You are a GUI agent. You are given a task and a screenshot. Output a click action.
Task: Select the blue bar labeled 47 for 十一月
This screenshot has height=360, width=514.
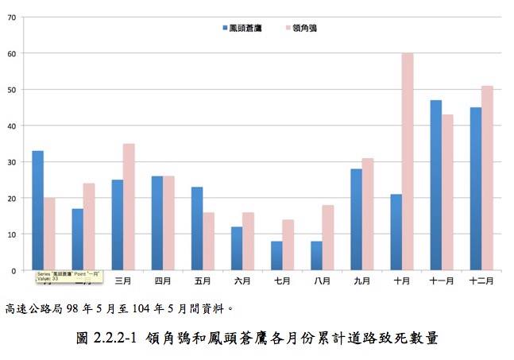coord(435,188)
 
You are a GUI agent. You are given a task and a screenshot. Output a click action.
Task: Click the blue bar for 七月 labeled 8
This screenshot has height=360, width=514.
coord(276,256)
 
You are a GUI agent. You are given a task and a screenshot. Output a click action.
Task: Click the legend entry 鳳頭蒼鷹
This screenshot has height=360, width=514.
coord(243,28)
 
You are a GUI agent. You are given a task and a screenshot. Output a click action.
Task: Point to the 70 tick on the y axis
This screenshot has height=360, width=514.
coord(12,17)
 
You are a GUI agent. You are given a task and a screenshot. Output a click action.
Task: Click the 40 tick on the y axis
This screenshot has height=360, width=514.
coord(12,126)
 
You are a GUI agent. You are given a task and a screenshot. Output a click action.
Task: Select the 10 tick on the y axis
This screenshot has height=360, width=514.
coord(12,234)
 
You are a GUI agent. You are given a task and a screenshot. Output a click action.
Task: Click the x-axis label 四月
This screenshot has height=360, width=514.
coord(163,281)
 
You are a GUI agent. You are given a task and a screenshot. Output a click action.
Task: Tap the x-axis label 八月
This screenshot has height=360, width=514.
coord(322,281)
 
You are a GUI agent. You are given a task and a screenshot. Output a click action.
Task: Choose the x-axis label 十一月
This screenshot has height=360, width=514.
coord(442,281)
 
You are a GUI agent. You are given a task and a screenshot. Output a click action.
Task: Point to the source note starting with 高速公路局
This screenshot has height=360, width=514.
coord(119,307)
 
